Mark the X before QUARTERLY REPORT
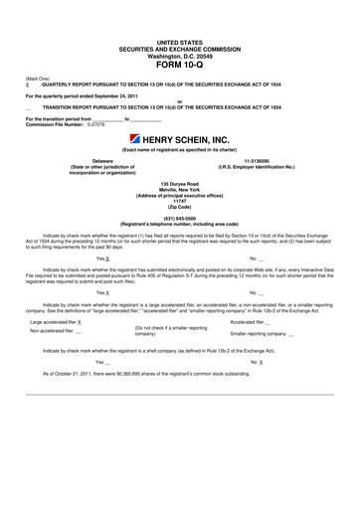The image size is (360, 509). click(28, 85)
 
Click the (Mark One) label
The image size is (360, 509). click(37, 79)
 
